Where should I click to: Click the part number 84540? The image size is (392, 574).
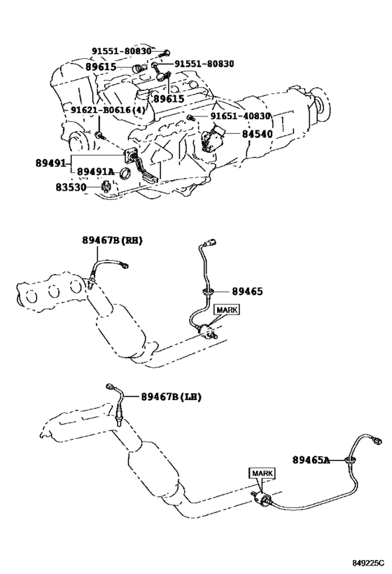pos(257,134)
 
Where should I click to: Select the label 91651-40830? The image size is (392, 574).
pos(240,116)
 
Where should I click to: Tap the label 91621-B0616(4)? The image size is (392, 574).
pos(108,110)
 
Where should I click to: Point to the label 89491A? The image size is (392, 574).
pos(95,172)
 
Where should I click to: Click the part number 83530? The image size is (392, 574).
pos(71,187)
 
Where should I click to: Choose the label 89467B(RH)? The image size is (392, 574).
pos(112,240)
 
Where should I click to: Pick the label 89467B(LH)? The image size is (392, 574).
pos(171,397)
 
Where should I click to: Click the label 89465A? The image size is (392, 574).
pos(311,460)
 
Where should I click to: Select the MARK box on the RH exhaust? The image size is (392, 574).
pos(227,310)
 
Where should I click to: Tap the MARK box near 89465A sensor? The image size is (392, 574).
pos(262,473)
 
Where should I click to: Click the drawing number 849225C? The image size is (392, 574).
pos(369,562)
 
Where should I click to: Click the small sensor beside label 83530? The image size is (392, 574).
pos(106,186)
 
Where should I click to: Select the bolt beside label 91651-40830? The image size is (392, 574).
pos(190,117)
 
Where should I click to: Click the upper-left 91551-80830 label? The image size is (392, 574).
pos(121,51)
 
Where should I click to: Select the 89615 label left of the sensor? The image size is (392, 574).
pos(101,67)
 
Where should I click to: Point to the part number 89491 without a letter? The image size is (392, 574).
pos(50,163)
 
